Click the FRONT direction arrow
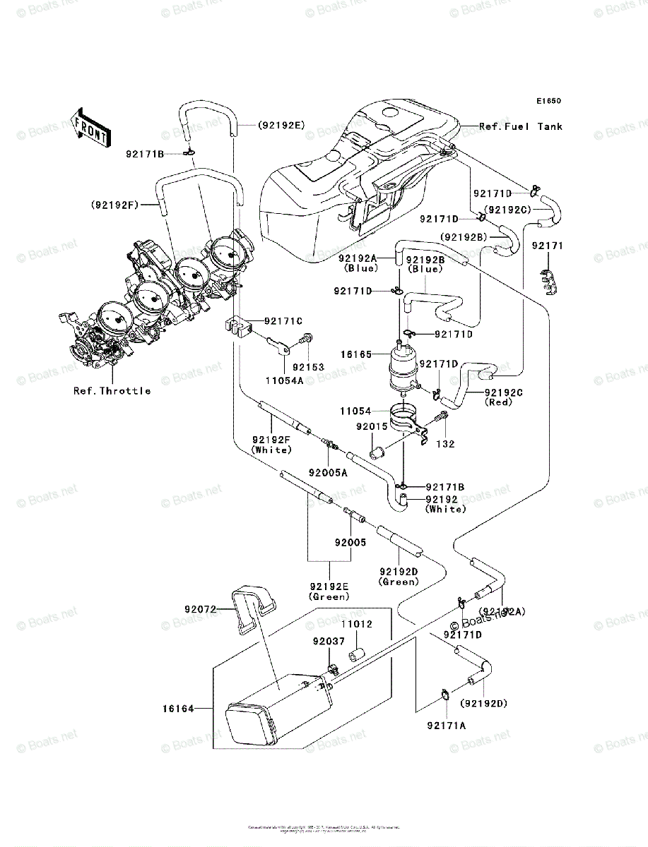pos(90,127)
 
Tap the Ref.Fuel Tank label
pos(521,127)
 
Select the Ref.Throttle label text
pos(112,390)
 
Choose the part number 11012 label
pos(358,625)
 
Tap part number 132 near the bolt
pos(445,445)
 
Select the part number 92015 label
pos(370,426)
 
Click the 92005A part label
pos(328,473)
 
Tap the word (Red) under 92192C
pos(499,402)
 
